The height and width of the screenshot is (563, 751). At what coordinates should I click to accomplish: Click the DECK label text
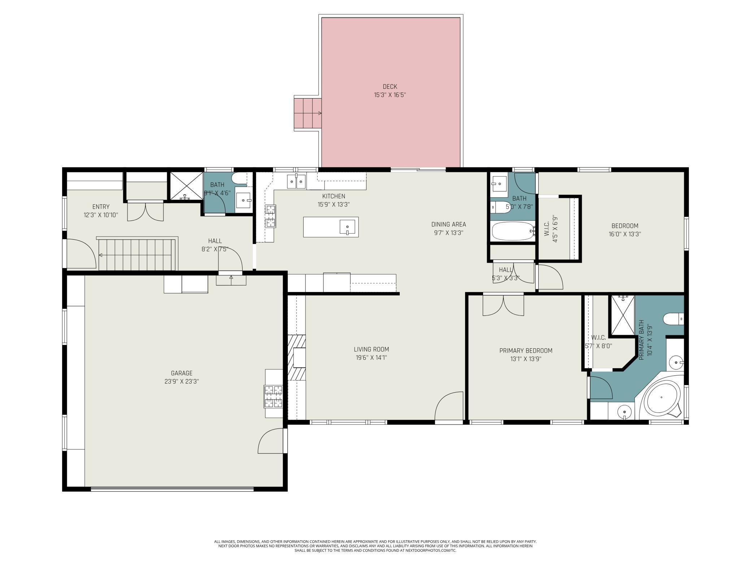click(x=390, y=87)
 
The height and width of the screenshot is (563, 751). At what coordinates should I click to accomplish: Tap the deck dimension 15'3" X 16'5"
click(x=390, y=95)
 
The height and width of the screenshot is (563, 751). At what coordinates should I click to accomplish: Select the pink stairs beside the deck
click(x=307, y=113)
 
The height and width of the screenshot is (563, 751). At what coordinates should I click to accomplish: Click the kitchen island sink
click(x=347, y=227)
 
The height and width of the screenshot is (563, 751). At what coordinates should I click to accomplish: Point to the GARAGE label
click(x=182, y=373)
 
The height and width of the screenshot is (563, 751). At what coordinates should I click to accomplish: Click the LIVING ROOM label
click(x=371, y=349)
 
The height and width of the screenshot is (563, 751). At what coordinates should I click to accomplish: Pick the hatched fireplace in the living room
click(x=296, y=357)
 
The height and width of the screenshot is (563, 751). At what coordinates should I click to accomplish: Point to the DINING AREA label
click(x=448, y=224)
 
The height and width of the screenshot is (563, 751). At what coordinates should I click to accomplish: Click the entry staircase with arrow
click(x=137, y=255)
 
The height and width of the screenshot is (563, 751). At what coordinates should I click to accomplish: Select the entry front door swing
click(x=81, y=254)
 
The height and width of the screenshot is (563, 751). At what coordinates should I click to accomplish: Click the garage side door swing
click(x=272, y=441)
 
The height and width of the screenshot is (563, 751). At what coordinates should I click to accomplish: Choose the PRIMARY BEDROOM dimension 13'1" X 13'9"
click(x=526, y=359)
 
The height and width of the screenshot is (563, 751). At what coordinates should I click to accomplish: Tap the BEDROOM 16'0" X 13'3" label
click(x=625, y=226)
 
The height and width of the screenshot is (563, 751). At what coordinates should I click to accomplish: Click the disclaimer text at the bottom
click(x=375, y=546)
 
